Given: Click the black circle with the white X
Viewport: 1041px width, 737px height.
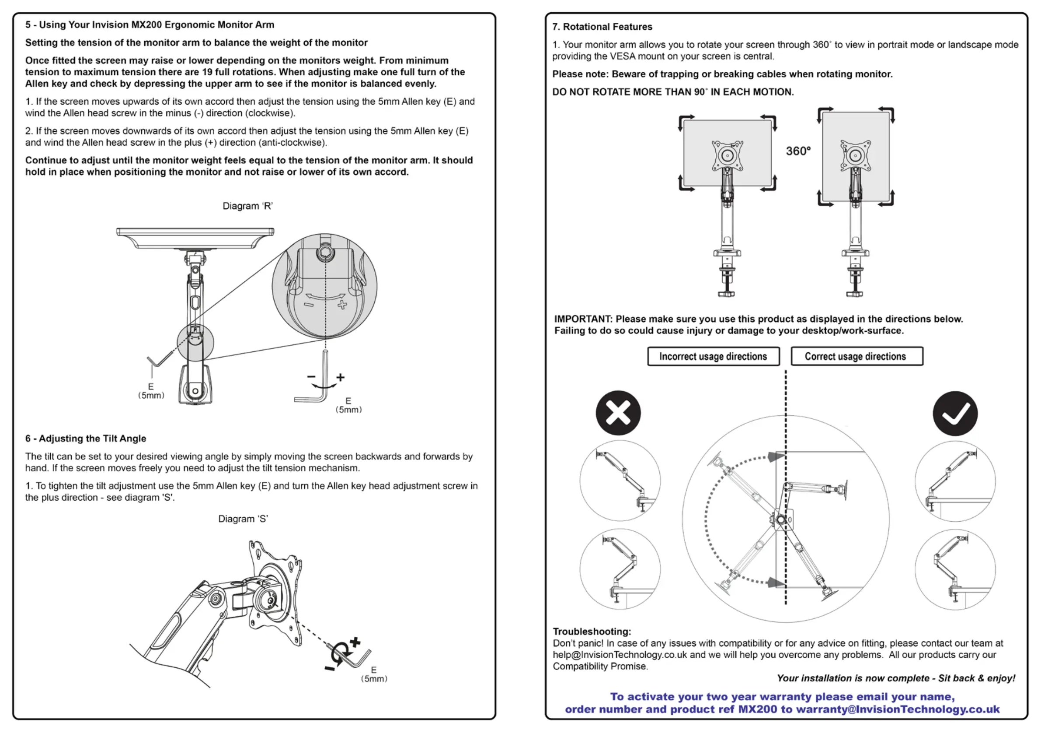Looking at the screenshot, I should click(618, 413).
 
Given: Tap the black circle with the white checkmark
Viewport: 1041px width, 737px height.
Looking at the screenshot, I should click(955, 414).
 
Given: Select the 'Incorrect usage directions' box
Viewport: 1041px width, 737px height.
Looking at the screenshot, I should click(713, 356).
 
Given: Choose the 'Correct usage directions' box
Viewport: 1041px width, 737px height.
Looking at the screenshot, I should click(856, 356).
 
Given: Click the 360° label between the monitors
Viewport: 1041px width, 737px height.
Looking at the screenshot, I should click(798, 151).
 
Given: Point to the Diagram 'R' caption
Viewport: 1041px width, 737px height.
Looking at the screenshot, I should click(247, 206).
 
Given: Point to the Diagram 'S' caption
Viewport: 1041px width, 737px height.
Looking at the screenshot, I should click(243, 519).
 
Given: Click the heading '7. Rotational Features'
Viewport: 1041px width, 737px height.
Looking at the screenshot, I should click(602, 27).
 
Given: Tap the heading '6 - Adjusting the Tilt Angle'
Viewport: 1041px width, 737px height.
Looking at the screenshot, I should click(86, 439).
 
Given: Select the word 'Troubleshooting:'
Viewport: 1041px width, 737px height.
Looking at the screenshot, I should click(592, 631).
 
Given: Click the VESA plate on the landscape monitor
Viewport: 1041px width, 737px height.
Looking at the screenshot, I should click(728, 156).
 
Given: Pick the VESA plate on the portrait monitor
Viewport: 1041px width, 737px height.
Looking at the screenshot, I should click(856, 156).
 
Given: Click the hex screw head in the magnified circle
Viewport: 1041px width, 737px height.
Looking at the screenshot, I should click(326, 253).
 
